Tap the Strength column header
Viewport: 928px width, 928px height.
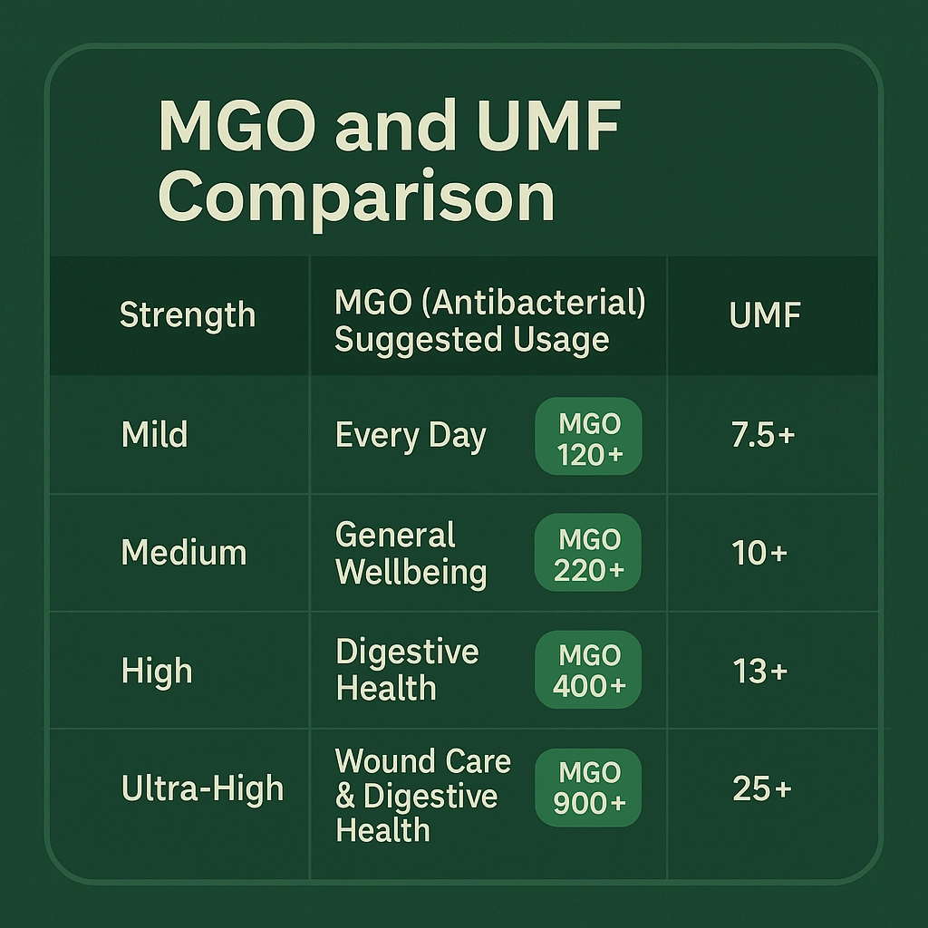tap(188, 314)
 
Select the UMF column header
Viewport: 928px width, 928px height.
tap(765, 314)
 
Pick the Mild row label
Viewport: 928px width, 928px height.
tap(154, 434)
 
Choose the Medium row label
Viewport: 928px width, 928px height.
tap(184, 553)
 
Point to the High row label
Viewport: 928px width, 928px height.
tap(157, 672)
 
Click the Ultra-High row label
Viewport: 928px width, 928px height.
tap(202, 789)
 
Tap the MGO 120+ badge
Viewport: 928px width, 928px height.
tap(589, 436)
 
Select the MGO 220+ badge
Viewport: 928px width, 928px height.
tap(588, 552)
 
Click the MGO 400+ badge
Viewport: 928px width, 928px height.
tap(588, 670)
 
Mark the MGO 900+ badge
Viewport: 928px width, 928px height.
tap(588, 788)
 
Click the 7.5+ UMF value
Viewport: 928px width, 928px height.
tap(763, 435)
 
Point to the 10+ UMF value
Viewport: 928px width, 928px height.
tap(760, 553)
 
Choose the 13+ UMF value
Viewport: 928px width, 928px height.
tap(760, 672)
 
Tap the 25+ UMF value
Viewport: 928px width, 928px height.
tap(762, 789)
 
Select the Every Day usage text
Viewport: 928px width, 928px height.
tap(411, 436)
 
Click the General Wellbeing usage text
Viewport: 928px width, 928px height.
tap(411, 555)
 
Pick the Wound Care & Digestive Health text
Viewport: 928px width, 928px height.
tap(422, 795)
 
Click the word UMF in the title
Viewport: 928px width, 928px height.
tap(551, 126)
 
